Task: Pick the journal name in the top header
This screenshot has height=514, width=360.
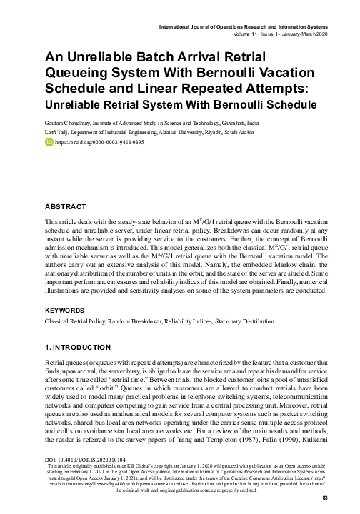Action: [247, 27]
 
